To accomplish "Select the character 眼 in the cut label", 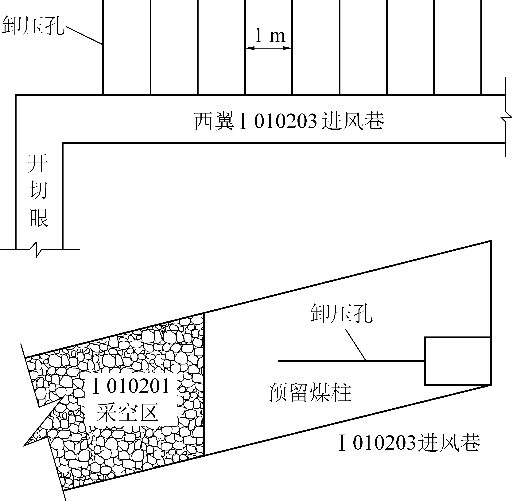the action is [x=39, y=218].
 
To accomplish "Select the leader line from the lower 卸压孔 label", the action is [x=355, y=345].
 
